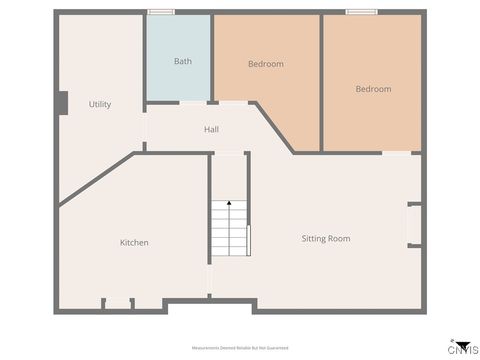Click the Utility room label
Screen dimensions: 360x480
click(x=99, y=104)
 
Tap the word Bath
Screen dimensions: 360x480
click(x=183, y=61)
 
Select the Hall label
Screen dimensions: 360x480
click(x=211, y=129)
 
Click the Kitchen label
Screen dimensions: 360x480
click(x=134, y=242)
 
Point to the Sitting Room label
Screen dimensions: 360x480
click(x=326, y=238)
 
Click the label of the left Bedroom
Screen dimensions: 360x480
click(x=265, y=64)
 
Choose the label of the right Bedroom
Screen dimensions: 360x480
click(x=373, y=89)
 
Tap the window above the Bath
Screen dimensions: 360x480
click(x=161, y=12)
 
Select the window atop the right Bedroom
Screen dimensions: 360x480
click(x=360, y=12)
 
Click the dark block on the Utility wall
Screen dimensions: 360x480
click(x=62, y=103)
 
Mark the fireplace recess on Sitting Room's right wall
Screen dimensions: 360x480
click(x=413, y=225)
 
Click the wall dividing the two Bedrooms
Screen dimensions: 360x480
click(x=321, y=80)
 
